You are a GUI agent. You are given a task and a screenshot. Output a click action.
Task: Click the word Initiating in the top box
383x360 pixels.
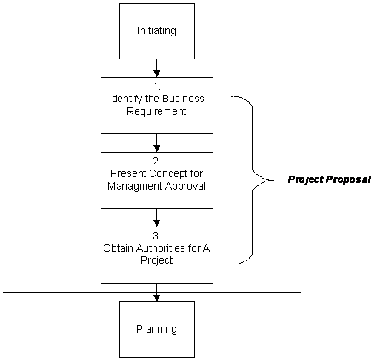156,31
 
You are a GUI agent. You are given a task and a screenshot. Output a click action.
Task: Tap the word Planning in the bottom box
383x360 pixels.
156,329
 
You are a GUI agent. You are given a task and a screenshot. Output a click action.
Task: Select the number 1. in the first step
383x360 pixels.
157,86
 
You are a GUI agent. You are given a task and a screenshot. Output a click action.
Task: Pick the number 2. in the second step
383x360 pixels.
157,161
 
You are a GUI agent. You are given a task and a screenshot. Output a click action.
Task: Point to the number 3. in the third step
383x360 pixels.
157,236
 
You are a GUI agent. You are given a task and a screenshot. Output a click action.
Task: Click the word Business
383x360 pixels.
183,99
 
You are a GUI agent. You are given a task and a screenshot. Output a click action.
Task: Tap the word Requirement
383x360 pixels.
156,111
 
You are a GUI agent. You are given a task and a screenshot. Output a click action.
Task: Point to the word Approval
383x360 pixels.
185,186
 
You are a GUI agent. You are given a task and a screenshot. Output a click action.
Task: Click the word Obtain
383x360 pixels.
119,248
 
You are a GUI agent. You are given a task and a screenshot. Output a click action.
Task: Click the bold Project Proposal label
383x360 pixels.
330,179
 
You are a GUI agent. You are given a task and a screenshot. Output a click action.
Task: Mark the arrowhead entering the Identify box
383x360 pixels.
156,74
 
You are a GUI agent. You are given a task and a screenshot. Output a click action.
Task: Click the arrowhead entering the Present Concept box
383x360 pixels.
156,148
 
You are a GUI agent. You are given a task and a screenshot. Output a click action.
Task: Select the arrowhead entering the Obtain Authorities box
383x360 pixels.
156,223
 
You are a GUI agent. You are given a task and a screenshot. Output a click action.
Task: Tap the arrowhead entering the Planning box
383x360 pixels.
156,298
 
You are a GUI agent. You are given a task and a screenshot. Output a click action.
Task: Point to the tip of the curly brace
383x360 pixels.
273,180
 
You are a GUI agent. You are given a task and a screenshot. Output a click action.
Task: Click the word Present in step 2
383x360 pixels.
128,173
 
